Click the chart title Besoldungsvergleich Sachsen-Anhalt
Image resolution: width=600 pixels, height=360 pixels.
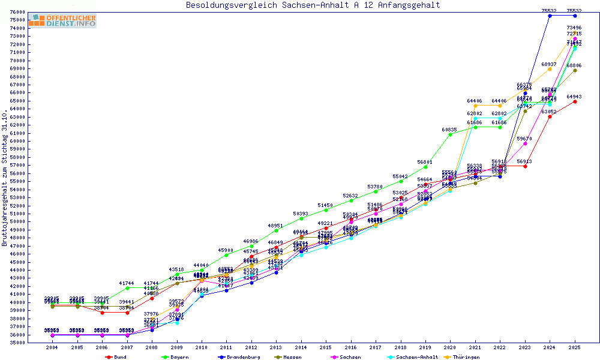pyautogui.click(x=313, y=5)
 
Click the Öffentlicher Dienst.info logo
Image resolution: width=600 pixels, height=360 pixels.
pyautogui.click(x=62, y=20)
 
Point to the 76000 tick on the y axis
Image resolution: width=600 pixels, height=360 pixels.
pyautogui.click(x=16, y=12)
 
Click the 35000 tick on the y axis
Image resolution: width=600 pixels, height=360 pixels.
pyautogui.click(x=16, y=343)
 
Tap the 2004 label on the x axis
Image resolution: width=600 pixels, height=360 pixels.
pyautogui.click(x=52, y=348)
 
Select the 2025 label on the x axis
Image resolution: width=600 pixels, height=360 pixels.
pyautogui.click(x=575, y=348)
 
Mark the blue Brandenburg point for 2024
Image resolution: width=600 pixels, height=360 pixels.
pyautogui.click(x=550, y=16)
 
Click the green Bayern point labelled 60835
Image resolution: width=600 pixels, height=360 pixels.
pyautogui.click(x=451, y=134)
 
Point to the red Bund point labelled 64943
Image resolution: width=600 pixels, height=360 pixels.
pyautogui.click(x=575, y=101)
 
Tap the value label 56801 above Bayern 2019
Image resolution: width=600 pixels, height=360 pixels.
pyautogui.click(x=425, y=162)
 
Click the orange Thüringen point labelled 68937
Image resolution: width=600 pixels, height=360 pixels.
pyautogui.click(x=550, y=69)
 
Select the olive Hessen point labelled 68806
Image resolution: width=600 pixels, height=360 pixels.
pyautogui.click(x=575, y=70)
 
